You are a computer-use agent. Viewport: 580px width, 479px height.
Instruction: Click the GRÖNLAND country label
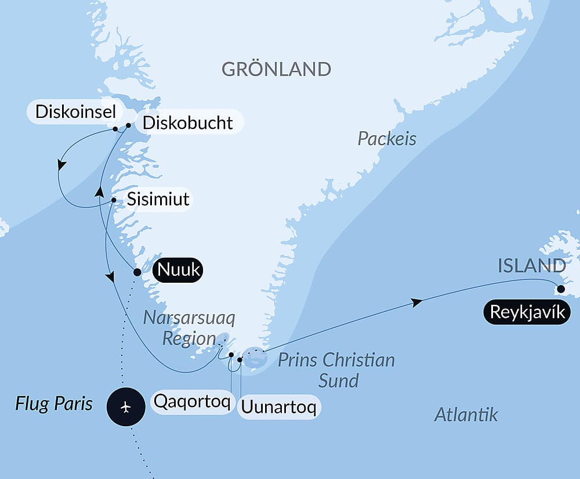pos(276,69)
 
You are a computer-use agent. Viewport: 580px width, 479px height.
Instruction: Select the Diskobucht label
pos(187,123)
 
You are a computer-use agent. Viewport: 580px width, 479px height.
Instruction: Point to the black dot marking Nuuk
pos(137,272)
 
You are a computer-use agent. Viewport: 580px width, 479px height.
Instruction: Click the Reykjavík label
pos(527,312)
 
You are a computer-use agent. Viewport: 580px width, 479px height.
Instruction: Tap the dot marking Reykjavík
pos(560,289)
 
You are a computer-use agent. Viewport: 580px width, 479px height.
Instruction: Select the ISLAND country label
pos(531,266)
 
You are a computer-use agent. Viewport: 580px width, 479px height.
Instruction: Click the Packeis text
pos(387,139)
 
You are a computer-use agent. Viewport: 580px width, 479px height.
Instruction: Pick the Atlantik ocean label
pos(466,415)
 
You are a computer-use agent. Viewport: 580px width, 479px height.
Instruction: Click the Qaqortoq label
pos(191,402)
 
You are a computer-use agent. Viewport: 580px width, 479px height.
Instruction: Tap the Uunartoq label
pos(278,408)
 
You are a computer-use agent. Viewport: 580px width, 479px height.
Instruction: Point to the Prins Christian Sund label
pos(336,370)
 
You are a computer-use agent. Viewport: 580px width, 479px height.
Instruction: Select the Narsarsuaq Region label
pos(190,328)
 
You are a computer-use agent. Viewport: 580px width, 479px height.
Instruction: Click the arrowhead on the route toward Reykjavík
pos(416,302)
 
